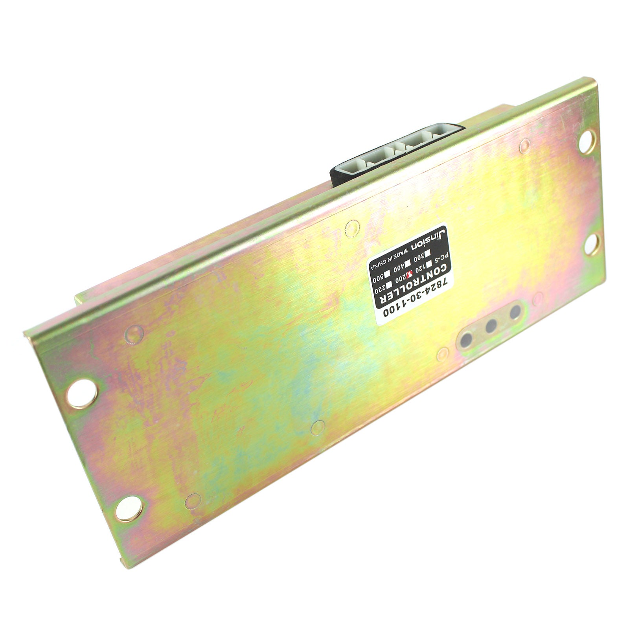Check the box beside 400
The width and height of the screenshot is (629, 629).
pos(408,260)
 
